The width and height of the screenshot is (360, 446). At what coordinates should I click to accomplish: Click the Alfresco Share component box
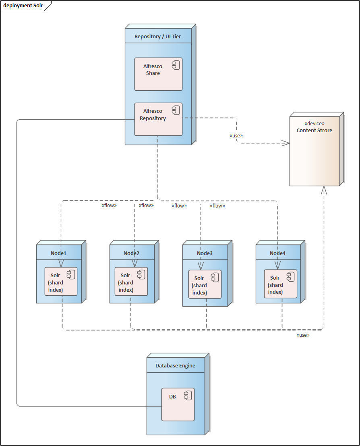(x=158, y=74)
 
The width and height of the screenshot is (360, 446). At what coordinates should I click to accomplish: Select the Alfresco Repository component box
(x=158, y=119)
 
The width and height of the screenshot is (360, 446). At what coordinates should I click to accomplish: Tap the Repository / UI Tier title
(x=157, y=37)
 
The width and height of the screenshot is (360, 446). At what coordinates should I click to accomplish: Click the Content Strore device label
(x=314, y=131)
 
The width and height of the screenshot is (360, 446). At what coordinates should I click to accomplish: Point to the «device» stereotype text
(x=314, y=124)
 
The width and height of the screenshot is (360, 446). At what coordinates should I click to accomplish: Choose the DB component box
(x=178, y=405)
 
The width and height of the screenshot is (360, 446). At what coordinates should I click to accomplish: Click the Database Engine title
(x=175, y=366)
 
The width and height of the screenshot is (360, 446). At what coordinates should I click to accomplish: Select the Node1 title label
(x=58, y=253)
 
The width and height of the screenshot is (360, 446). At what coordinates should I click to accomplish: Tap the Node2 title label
(x=132, y=253)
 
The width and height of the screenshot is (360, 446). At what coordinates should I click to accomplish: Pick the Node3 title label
(x=205, y=253)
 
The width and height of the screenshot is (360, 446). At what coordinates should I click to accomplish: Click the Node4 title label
(x=277, y=253)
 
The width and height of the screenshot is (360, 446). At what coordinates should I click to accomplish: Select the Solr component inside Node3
(x=205, y=284)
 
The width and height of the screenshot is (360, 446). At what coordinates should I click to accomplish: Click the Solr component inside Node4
(x=280, y=284)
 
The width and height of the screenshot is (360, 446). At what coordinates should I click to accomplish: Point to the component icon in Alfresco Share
(x=176, y=66)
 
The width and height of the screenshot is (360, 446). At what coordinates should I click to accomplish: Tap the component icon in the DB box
(x=188, y=396)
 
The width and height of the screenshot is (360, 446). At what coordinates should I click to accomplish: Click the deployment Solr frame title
(x=23, y=6)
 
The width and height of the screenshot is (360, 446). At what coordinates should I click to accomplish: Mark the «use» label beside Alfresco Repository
(x=236, y=136)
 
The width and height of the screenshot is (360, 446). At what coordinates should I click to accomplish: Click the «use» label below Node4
(x=303, y=335)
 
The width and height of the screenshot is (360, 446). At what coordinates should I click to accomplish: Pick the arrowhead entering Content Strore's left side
(x=286, y=143)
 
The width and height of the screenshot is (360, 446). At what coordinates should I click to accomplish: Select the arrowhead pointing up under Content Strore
(x=324, y=190)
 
